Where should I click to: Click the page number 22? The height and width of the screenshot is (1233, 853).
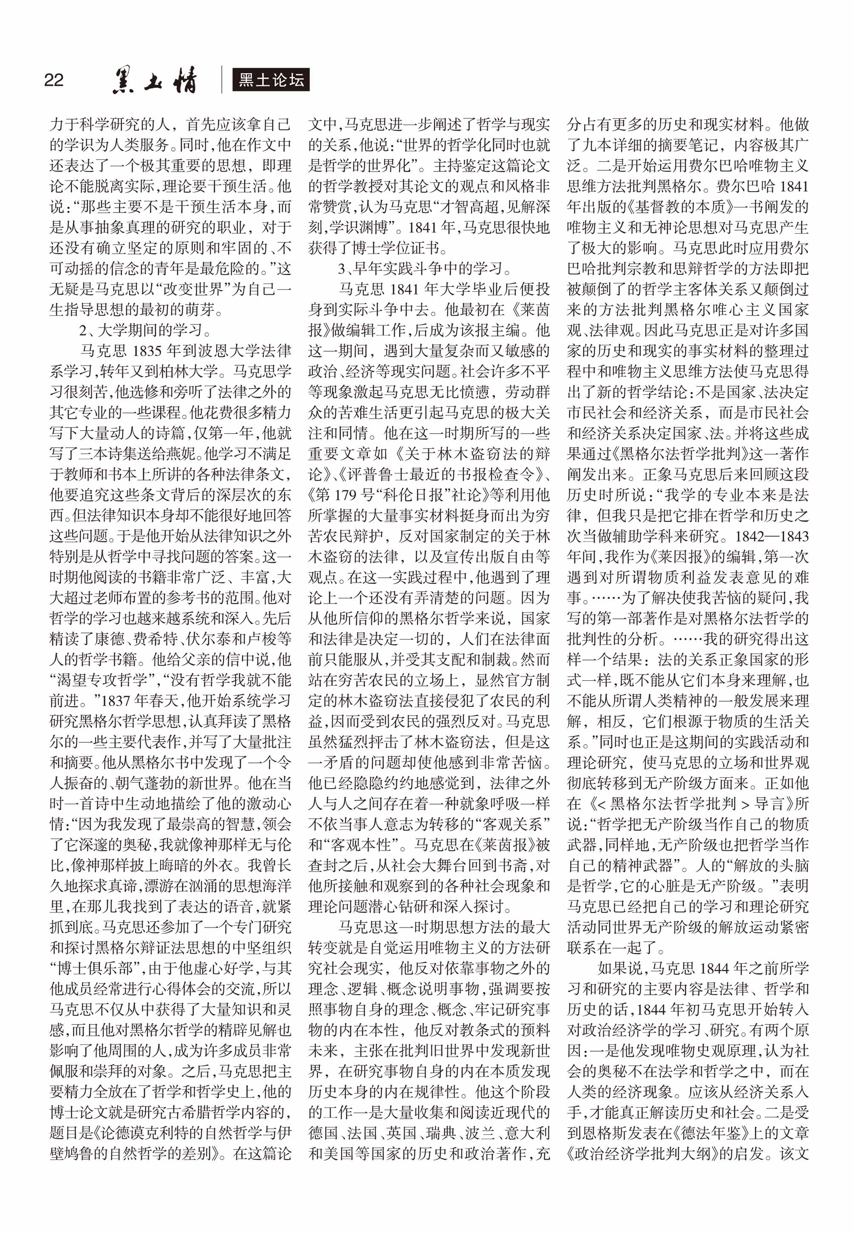[54, 80]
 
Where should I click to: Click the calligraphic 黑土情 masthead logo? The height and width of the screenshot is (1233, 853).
[155, 81]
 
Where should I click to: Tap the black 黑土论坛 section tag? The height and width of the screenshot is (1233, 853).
[271, 80]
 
